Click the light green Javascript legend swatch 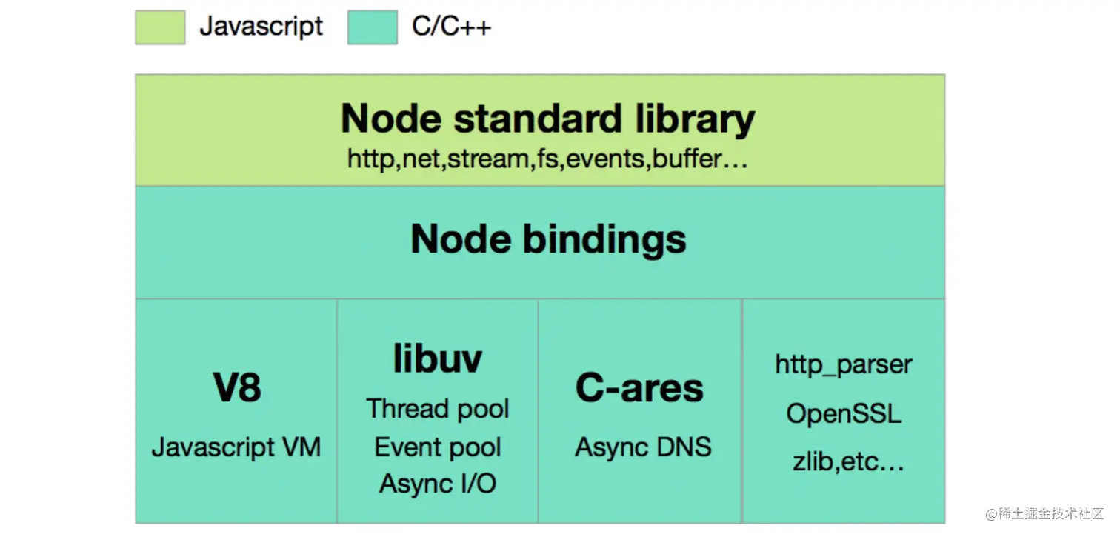point(160,27)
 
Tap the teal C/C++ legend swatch point(373,27)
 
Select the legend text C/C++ point(452,26)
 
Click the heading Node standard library point(548,119)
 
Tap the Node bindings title point(548,239)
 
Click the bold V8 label point(237,387)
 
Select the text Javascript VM point(236,447)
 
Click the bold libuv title point(438,358)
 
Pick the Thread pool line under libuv point(438,409)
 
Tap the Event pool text point(438,447)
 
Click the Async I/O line point(438,484)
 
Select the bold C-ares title point(639,388)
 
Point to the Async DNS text point(643,447)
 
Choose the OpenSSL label point(844,414)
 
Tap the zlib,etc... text point(848,461)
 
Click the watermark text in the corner point(1044,513)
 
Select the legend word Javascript point(261,26)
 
